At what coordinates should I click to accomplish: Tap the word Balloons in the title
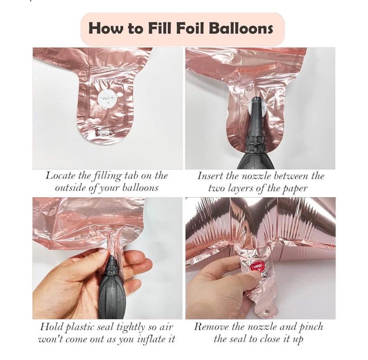click(241, 28)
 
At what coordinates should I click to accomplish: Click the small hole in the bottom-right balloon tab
click(266, 312)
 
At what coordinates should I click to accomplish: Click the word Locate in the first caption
click(60, 176)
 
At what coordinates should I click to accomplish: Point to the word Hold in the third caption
click(51, 327)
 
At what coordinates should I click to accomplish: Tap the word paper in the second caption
click(295, 189)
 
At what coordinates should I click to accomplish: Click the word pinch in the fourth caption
click(311, 327)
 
